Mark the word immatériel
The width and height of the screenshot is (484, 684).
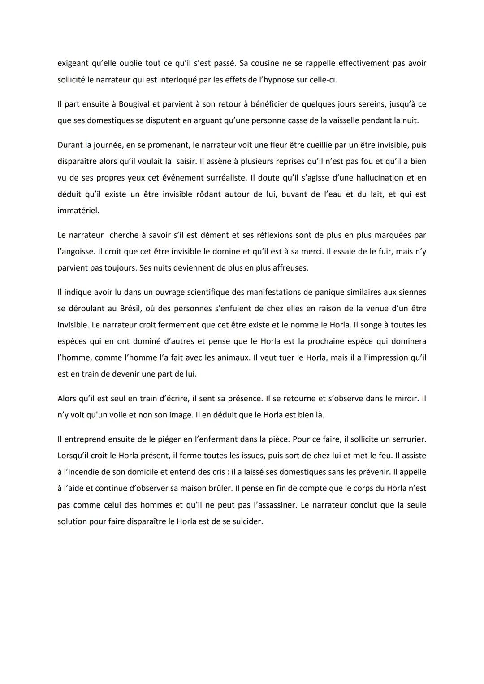(78, 211)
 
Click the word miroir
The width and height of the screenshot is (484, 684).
(406, 399)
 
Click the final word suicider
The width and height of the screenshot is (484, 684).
(245, 521)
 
